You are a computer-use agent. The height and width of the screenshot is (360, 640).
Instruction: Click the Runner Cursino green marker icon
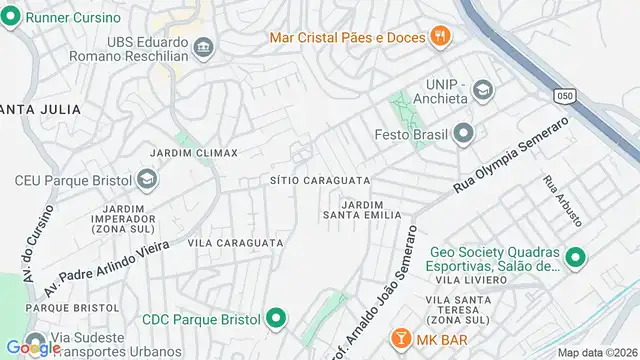[14, 18]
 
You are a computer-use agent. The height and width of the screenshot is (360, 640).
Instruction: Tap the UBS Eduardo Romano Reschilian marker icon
[203, 46]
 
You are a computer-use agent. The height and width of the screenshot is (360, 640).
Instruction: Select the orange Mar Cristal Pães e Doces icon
[439, 38]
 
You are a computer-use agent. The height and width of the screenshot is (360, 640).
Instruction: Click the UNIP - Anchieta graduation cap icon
[484, 91]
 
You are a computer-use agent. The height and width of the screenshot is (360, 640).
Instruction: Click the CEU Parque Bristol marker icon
[146, 180]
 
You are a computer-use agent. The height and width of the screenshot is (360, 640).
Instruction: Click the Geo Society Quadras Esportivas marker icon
[574, 258]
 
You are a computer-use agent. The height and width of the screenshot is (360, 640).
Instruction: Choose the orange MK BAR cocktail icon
[398, 337]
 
